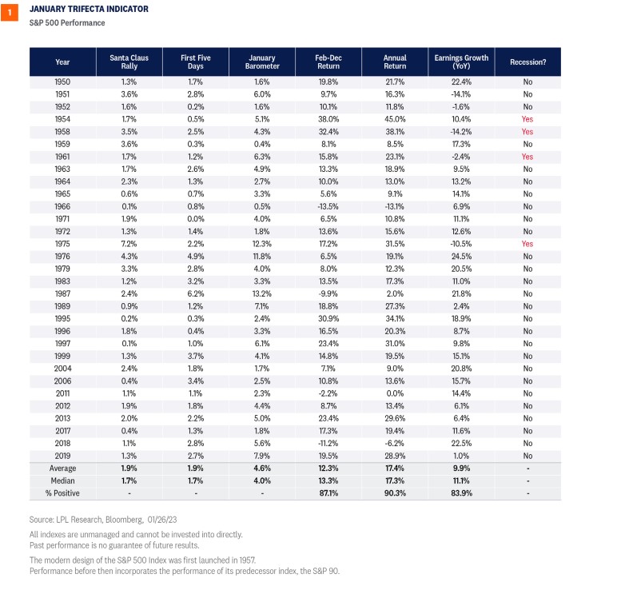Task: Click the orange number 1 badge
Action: pos(9,12)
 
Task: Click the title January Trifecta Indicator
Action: pos(89,9)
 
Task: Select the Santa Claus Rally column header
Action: pos(129,62)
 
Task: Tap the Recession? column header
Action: pos(528,62)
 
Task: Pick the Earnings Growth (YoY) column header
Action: pos(461,62)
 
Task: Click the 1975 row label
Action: pos(62,244)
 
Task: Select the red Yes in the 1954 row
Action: pos(527,119)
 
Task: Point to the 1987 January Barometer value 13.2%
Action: pos(262,293)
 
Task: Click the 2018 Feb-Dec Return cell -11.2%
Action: pos(328,444)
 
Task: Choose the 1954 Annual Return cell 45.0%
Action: pos(395,119)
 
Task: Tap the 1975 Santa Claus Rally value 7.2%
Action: pos(129,244)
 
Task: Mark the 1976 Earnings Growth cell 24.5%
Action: pos(461,257)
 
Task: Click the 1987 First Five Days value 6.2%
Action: pos(196,293)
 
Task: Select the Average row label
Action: pos(62,468)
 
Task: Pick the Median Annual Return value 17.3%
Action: pos(395,480)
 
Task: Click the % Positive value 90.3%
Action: pos(395,493)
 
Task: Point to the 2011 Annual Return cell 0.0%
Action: pos(395,393)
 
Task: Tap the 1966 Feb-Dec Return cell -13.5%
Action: pos(328,206)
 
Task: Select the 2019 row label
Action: pos(62,456)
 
